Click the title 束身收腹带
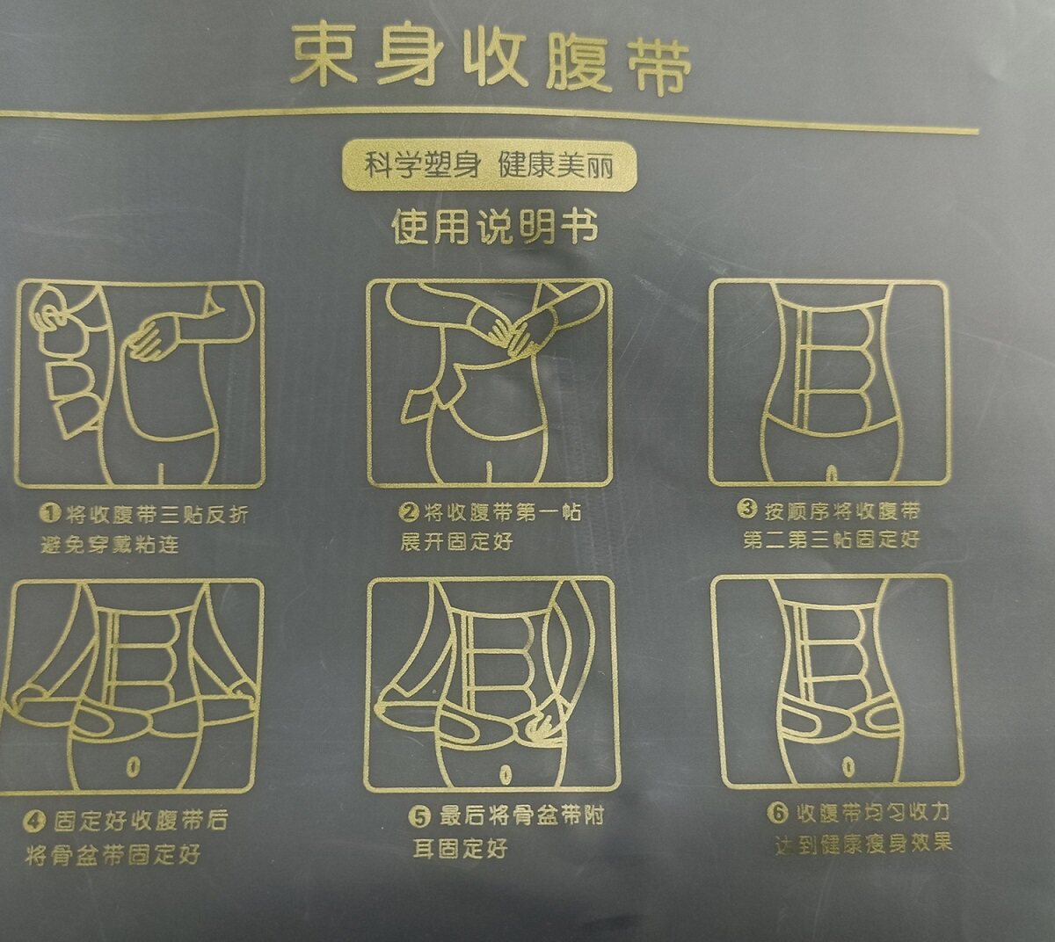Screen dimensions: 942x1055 (x=491, y=60)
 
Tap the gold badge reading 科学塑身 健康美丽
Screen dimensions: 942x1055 (x=488, y=165)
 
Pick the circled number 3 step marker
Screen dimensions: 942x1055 (x=747, y=508)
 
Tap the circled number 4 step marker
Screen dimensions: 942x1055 (x=35, y=821)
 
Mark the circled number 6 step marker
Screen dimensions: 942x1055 (x=779, y=813)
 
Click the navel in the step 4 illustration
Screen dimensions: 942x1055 (x=133, y=764)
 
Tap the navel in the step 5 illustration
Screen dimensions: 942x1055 (x=505, y=774)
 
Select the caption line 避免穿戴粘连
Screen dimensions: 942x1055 (x=109, y=545)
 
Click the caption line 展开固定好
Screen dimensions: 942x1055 (x=457, y=541)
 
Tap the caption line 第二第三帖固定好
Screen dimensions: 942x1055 (x=831, y=539)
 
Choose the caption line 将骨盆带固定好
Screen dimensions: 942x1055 (x=113, y=854)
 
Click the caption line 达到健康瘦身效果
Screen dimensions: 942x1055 (x=863, y=844)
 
